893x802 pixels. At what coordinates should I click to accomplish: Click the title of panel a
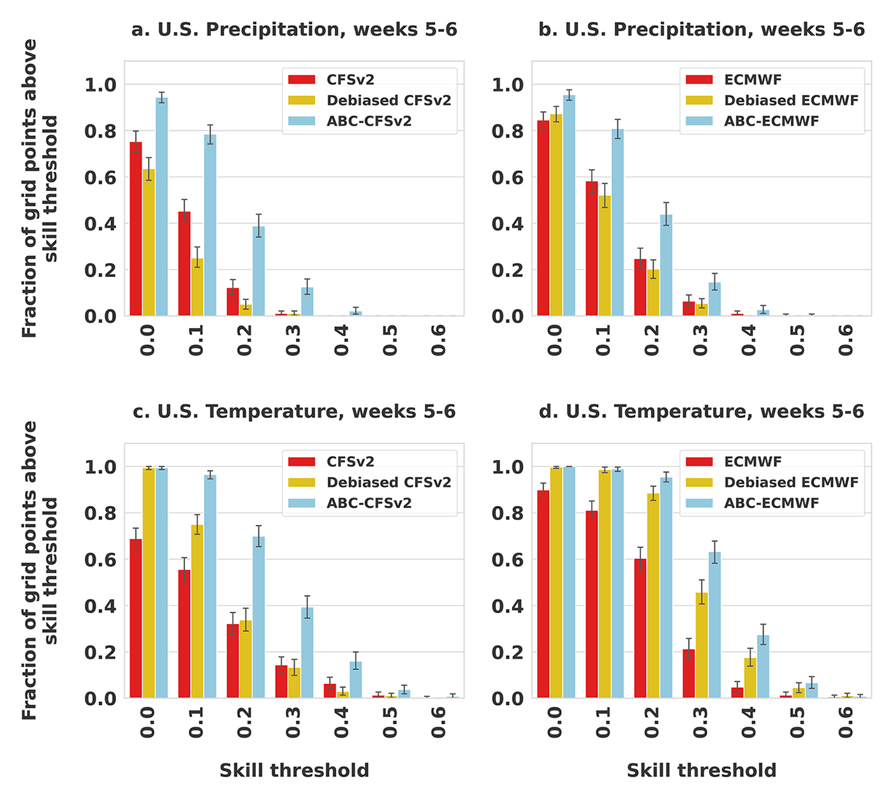coord(294,30)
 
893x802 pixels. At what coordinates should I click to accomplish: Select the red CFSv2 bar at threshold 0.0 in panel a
coord(136,230)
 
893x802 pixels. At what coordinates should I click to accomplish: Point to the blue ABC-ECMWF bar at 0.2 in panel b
coord(666,265)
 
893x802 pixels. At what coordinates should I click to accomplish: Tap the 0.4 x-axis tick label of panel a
coord(342,340)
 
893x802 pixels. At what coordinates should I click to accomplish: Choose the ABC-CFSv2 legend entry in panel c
coord(369,503)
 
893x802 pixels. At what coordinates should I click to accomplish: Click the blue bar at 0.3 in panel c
coord(307,653)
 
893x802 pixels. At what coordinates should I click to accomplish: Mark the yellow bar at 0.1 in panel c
coord(197,611)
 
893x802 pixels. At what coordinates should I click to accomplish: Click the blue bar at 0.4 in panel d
coord(763,667)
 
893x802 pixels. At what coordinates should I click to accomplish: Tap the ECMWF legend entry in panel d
coord(753,462)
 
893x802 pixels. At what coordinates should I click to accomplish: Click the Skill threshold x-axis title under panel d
coord(702,771)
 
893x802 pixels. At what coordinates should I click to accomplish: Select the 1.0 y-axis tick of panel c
coord(100,467)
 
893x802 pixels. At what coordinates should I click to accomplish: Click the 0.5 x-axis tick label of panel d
coord(797,722)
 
